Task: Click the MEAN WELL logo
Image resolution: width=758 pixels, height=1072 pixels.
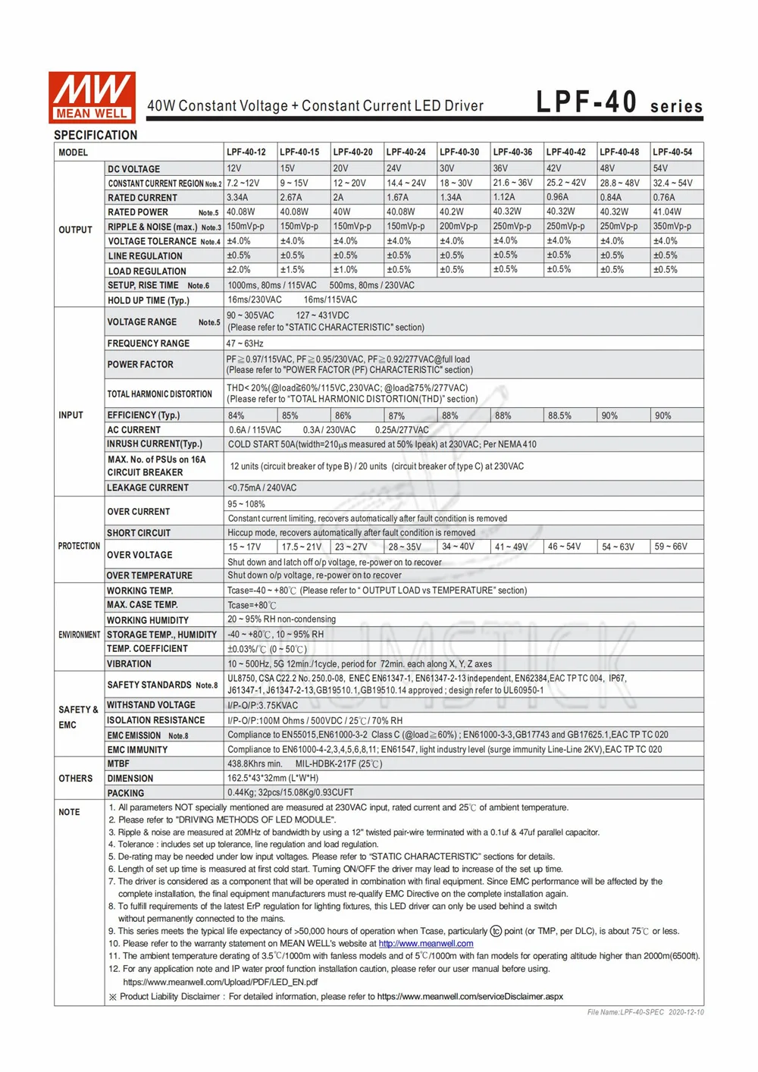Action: click(92, 97)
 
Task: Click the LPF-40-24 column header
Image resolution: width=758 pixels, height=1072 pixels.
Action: click(406, 152)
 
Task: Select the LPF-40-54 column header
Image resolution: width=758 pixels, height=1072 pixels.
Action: click(672, 152)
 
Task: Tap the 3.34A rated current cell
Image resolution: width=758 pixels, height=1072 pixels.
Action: click(237, 197)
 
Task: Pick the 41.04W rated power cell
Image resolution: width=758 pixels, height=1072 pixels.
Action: click(667, 212)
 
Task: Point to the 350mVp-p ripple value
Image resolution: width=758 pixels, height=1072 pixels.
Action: click(672, 226)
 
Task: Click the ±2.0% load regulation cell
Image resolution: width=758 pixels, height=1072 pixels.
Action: click(239, 270)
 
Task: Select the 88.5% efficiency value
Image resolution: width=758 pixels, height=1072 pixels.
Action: click(559, 415)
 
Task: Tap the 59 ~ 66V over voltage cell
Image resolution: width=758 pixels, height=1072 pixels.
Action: click(671, 547)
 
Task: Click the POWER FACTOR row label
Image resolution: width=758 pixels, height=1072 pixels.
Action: click(140, 365)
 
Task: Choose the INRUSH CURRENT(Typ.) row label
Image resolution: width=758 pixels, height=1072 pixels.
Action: click(155, 444)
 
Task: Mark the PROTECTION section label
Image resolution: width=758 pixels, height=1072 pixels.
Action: click(79, 546)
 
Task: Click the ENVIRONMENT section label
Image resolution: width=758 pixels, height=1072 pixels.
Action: click(79, 635)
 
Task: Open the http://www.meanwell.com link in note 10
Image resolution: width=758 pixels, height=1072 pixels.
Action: click(426, 944)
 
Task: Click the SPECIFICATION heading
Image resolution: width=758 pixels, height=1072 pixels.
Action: click(96, 135)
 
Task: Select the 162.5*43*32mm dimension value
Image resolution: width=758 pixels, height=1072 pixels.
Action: click(273, 779)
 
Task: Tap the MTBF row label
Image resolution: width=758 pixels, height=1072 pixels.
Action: click(118, 764)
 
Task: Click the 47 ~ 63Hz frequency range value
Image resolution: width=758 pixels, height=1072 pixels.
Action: click(245, 343)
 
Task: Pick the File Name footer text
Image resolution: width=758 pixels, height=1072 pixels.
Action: click(645, 1012)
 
